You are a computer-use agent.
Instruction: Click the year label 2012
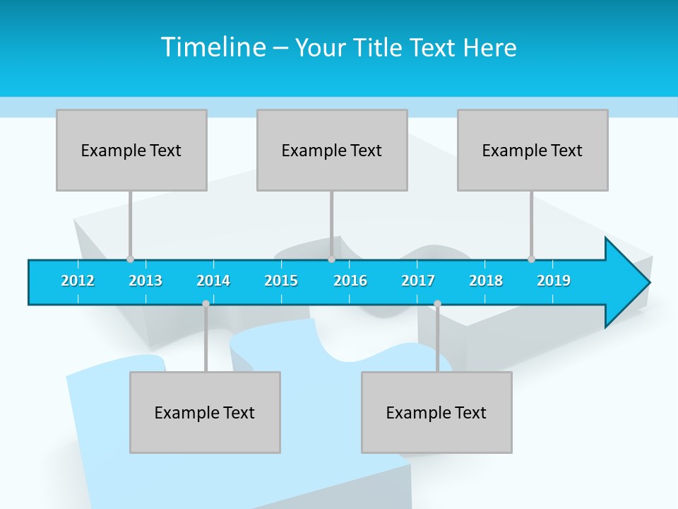(78, 281)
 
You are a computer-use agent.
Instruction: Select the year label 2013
(145, 281)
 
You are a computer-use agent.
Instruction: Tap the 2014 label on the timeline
(213, 281)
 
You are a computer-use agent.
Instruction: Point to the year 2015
(281, 281)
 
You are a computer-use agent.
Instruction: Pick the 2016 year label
(350, 281)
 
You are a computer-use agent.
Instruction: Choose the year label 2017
(418, 281)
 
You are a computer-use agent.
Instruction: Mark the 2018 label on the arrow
(486, 281)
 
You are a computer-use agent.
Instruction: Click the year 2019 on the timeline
(554, 281)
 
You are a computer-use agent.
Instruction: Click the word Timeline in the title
(213, 47)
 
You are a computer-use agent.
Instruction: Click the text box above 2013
(131, 150)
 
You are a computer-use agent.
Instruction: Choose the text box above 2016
(332, 150)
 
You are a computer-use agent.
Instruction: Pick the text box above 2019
(533, 150)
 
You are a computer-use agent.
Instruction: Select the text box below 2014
(205, 412)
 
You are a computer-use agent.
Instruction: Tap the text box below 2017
(436, 412)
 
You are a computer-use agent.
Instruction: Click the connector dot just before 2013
(130, 259)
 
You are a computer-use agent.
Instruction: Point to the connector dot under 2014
(206, 304)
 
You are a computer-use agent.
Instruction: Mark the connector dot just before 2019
(531, 259)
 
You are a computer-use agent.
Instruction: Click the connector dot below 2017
(437, 304)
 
